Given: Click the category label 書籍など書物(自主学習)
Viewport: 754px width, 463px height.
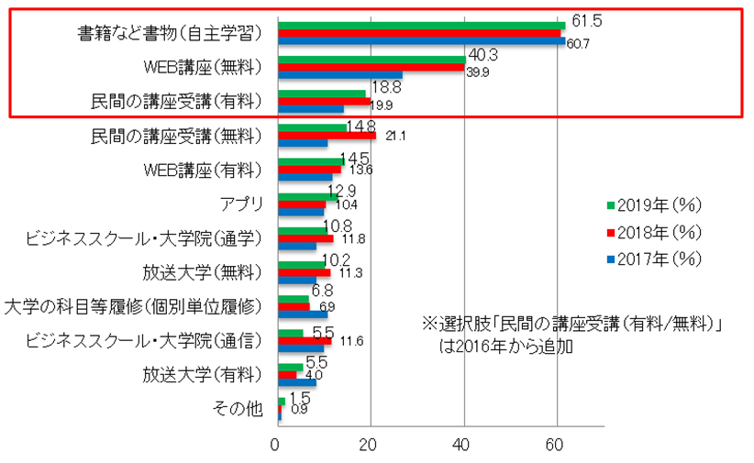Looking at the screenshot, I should pyautogui.click(x=171, y=34).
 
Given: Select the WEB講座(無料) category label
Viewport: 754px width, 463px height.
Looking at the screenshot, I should pyautogui.click(x=204, y=68).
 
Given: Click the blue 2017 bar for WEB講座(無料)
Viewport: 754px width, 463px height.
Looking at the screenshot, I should pyautogui.click(x=339, y=74).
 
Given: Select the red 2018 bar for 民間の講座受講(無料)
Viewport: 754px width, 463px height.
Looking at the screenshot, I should pyautogui.click(x=327, y=136).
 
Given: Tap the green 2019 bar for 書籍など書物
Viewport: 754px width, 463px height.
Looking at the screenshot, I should pyautogui.click(x=421, y=25).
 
